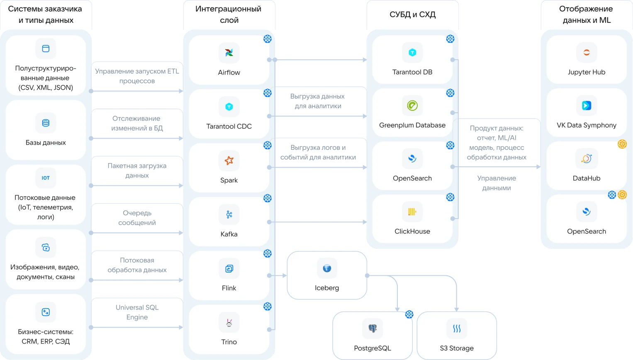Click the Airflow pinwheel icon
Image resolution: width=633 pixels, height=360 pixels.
(x=229, y=53)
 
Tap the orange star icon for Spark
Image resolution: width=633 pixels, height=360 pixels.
(x=229, y=161)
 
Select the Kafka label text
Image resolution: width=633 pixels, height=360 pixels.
(x=229, y=234)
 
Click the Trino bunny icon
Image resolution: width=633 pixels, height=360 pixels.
(x=229, y=322)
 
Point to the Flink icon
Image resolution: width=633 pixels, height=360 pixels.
(x=229, y=268)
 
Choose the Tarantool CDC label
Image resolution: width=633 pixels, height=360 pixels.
(x=229, y=126)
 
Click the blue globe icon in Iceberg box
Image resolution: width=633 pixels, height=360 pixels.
(x=327, y=268)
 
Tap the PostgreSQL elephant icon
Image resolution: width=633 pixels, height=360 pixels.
(x=372, y=328)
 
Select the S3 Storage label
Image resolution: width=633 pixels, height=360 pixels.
(x=457, y=348)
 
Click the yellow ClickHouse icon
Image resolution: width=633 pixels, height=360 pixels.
(x=412, y=212)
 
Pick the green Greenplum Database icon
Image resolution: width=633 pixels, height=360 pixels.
(x=412, y=105)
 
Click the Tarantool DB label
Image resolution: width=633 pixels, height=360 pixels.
(x=412, y=72)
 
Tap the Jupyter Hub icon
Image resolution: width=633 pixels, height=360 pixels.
(x=587, y=52)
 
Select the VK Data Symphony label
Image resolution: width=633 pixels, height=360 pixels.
(x=587, y=125)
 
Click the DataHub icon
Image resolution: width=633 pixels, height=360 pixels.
(x=587, y=158)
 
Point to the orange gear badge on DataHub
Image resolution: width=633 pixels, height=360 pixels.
(x=622, y=144)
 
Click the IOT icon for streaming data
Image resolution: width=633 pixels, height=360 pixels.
(x=46, y=178)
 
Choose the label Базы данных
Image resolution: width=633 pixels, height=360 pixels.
(x=46, y=143)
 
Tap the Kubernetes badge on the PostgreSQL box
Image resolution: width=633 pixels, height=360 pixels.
(x=409, y=314)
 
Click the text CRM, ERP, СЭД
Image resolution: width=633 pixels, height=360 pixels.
(x=46, y=342)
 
